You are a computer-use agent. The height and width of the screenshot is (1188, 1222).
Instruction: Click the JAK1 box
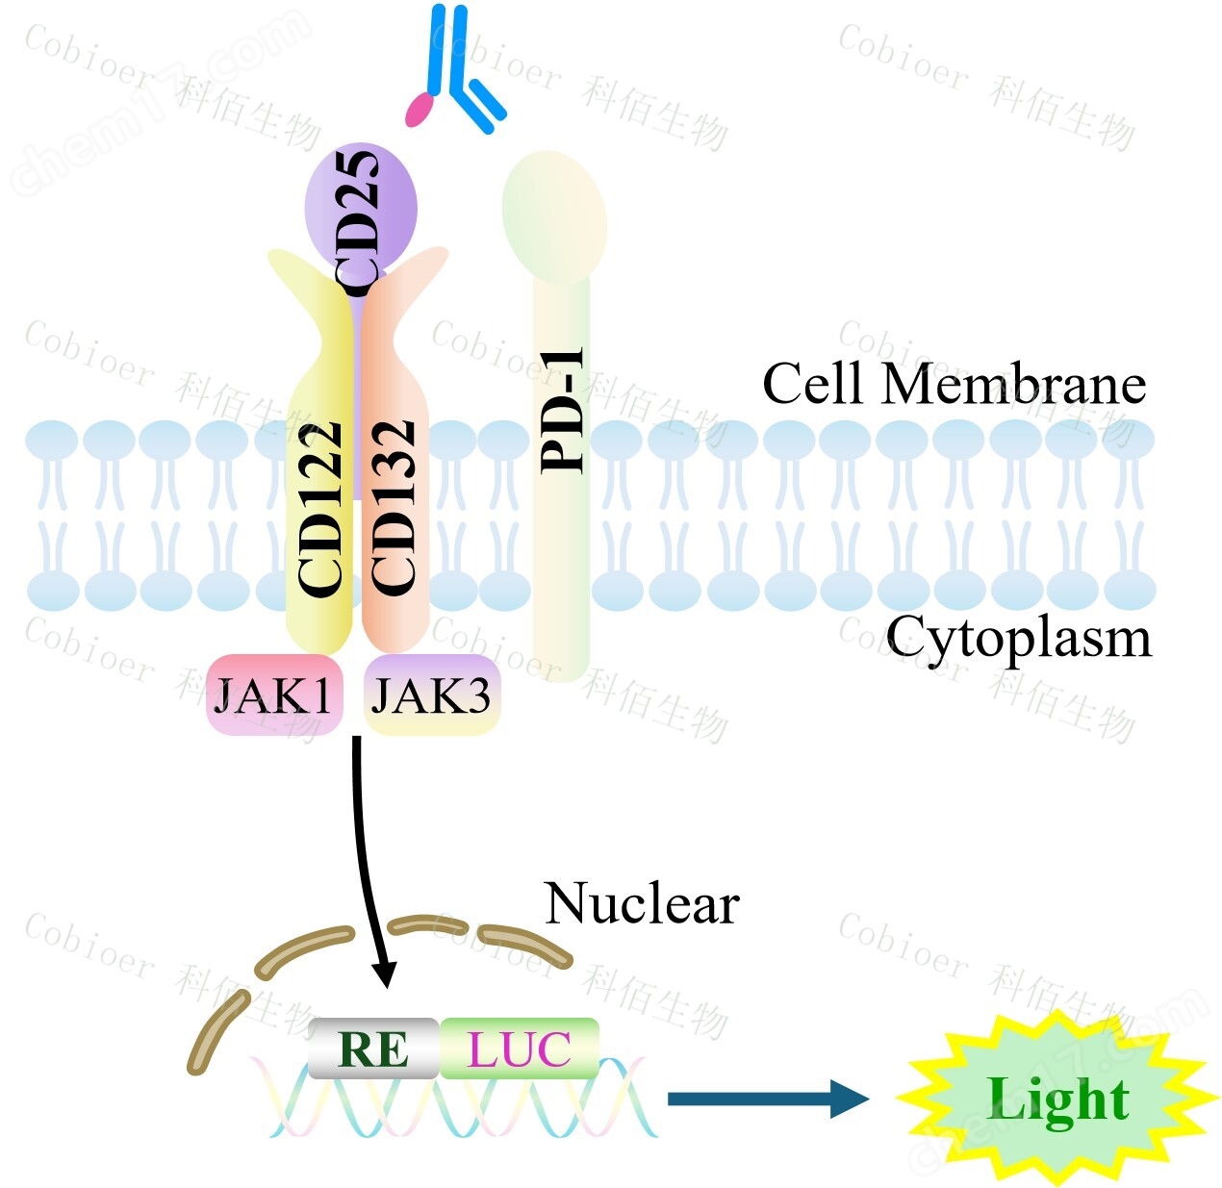[275, 695]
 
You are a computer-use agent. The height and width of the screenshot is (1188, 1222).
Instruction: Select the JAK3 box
[431, 695]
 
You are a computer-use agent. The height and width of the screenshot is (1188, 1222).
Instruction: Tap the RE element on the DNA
[373, 1049]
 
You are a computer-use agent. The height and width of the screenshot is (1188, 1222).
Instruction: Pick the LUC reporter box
[519, 1049]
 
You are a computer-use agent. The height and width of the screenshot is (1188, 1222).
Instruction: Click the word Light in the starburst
[1058, 1100]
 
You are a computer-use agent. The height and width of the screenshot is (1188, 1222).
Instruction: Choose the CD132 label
[394, 508]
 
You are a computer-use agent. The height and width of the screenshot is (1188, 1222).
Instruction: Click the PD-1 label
[563, 411]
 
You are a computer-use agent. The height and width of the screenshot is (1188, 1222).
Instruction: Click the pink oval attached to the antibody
[420, 110]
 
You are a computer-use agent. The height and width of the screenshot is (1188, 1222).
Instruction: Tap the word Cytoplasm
[1018, 638]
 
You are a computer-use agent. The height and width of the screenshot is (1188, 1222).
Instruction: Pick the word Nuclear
[642, 904]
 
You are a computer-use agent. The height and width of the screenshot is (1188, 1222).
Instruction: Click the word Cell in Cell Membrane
[811, 384]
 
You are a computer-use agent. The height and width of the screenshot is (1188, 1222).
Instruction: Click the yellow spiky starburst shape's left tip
[901, 1098]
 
